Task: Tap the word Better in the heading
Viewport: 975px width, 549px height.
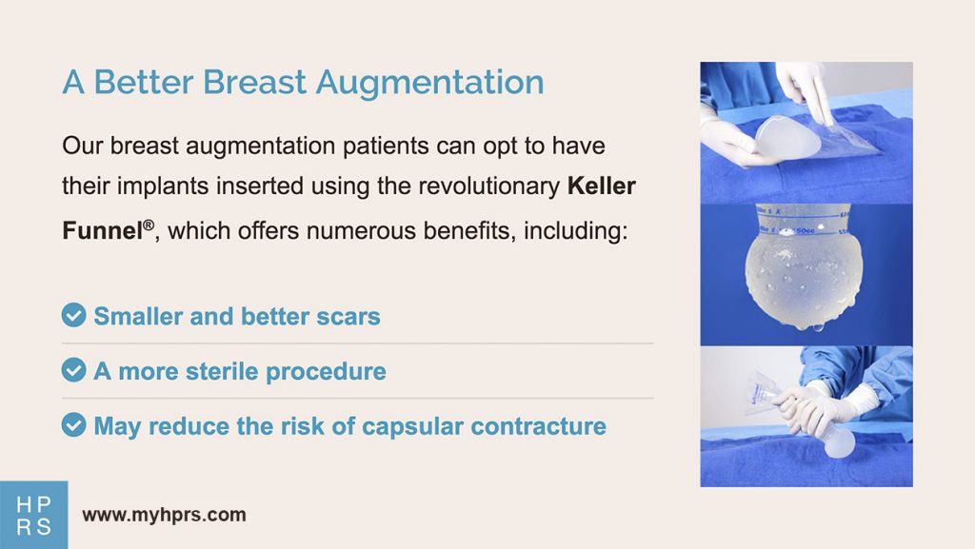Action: (x=145, y=82)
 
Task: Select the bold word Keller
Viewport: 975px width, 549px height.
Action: (x=602, y=186)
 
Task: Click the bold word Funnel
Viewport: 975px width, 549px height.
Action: (x=103, y=230)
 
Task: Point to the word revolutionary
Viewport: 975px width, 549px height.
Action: (x=488, y=186)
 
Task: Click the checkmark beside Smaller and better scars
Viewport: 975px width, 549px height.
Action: (x=74, y=315)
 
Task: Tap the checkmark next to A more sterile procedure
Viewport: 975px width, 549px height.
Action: (x=74, y=369)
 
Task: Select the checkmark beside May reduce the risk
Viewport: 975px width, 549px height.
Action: (x=74, y=424)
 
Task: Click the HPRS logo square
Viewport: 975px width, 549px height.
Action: (x=33, y=515)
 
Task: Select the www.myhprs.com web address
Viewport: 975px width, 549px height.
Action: (x=164, y=515)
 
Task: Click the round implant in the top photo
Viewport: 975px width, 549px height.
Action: (x=787, y=137)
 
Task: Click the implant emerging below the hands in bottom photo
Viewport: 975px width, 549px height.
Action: (x=836, y=441)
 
